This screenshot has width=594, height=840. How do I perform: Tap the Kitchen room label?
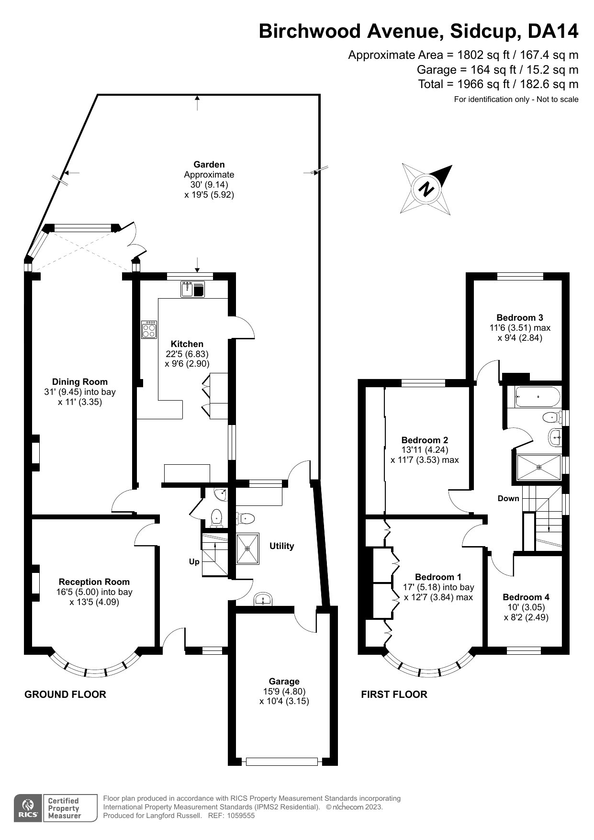pos(187,344)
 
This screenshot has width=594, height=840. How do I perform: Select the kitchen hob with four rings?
pos(149,329)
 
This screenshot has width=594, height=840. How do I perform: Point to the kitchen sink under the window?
pos(192,290)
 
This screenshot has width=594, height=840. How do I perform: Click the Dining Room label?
pos(80,381)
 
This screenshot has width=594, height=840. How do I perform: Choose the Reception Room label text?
pos(94,582)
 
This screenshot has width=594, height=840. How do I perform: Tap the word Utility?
pos(281,546)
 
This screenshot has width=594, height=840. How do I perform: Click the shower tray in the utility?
pos(247,549)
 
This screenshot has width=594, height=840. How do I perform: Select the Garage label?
pos(284,681)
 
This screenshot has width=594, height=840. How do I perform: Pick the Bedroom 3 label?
pos(520,317)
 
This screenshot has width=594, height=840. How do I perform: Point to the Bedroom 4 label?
pos(526,597)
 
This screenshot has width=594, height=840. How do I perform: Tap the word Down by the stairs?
pos(508,498)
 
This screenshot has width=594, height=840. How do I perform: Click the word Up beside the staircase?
pos(194,562)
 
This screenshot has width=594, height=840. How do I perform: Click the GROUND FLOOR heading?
pos(65,694)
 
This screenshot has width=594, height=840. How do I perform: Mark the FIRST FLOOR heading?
pos(394,694)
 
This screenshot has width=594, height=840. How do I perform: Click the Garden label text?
pos(209,164)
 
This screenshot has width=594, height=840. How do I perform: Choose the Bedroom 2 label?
pos(425,440)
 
